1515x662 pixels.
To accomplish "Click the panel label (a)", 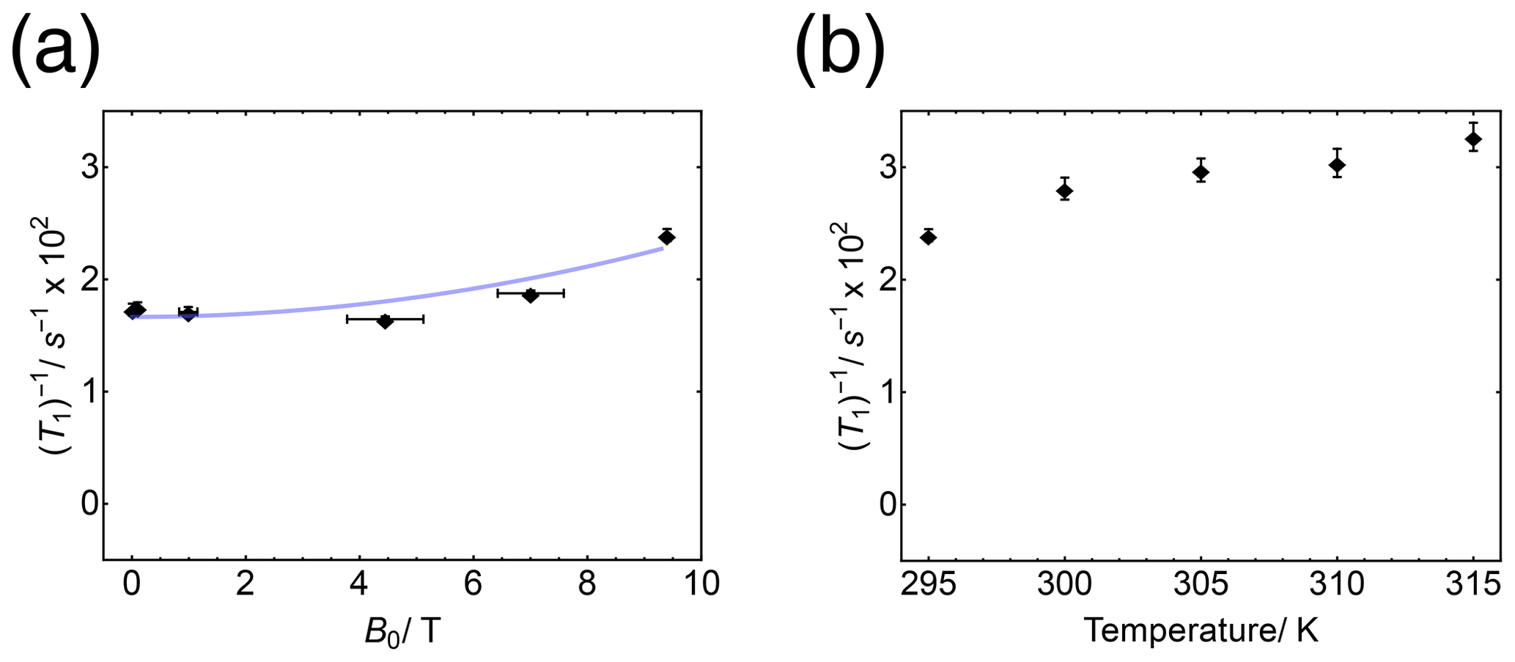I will [55, 45].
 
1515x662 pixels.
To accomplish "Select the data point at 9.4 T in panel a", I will [667, 237].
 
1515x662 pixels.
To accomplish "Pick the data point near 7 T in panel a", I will [531, 295].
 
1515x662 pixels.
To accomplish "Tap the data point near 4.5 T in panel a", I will [385, 320].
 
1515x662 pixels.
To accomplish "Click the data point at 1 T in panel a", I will [188, 314].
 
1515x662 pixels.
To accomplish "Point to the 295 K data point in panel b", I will [929, 237].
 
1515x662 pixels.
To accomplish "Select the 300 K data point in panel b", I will [1065, 191].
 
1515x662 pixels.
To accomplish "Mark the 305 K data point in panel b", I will [1201, 172].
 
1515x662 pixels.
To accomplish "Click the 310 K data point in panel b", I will [1337, 165].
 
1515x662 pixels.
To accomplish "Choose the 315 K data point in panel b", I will [1473, 139].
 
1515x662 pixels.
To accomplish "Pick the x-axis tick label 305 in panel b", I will [1201, 584].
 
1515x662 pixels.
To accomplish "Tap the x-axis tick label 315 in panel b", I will [1473, 584].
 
